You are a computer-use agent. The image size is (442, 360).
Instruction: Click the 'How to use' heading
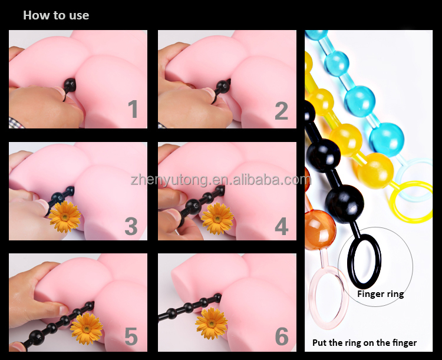click(56, 15)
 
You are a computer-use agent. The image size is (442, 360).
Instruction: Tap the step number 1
click(133, 109)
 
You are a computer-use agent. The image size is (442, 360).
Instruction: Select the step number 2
click(282, 111)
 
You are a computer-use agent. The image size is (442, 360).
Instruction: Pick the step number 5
click(131, 336)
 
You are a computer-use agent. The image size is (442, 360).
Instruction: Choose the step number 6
click(282, 336)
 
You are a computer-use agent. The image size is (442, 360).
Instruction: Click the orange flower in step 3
click(65, 216)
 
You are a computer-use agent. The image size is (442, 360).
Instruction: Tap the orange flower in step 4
click(217, 219)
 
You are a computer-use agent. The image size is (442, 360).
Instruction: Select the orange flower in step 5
click(87, 329)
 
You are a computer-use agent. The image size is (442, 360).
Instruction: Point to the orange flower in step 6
click(212, 323)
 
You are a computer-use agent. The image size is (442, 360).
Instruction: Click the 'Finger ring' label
click(381, 295)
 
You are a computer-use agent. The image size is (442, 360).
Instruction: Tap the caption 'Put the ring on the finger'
click(364, 343)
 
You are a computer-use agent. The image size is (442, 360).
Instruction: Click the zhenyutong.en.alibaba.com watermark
click(221, 180)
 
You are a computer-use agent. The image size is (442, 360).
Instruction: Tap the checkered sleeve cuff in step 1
click(17, 123)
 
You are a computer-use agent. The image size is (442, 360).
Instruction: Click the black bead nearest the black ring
click(345, 203)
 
